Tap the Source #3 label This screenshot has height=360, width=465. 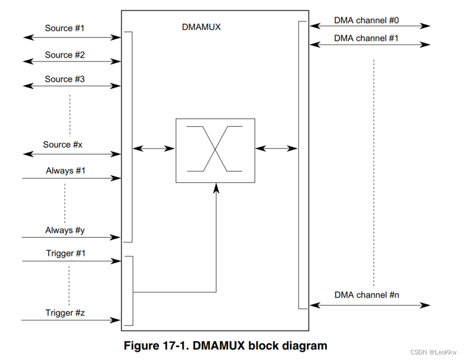coord(65,79)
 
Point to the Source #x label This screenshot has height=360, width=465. coord(62,145)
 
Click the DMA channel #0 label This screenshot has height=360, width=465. coord(366,21)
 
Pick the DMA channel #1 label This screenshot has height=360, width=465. coord(366,39)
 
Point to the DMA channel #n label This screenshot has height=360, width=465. coord(366,294)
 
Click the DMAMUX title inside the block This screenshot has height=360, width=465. coord(201,26)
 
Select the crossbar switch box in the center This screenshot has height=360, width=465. coord(215,150)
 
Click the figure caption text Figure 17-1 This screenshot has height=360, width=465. coord(225,345)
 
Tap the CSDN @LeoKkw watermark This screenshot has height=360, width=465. coord(433,352)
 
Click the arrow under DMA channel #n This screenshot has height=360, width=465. coord(369,305)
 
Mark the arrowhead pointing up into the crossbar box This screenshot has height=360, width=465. coord(216,188)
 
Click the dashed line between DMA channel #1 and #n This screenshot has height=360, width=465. coord(374,167)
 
